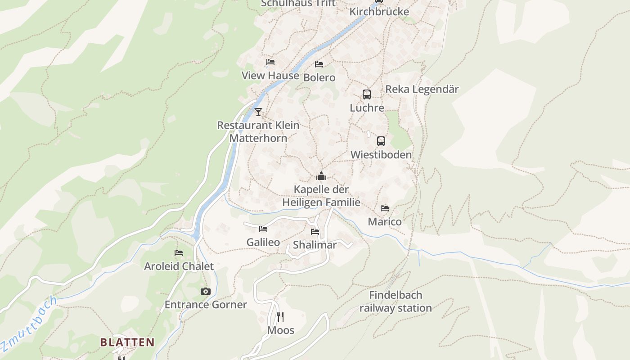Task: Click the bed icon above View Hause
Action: pyautogui.click(x=270, y=62)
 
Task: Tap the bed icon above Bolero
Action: pyautogui.click(x=319, y=64)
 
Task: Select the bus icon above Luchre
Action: pyautogui.click(x=367, y=94)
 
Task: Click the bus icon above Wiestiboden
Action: pyautogui.click(x=381, y=141)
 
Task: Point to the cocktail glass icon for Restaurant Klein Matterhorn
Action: pyautogui.click(x=258, y=112)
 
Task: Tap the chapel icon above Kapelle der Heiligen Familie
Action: pyautogui.click(x=321, y=176)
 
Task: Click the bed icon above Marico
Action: pyautogui.click(x=385, y=208)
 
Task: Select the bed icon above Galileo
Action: pyautogui.click(x=263, y=229)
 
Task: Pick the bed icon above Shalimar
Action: pyautogui.click(x=315, y=232)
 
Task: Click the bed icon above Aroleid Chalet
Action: pyautogui.click(x=179, y=253)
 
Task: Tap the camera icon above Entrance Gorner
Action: pyautogui.click(x=206, y=292)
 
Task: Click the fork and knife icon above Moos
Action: pyautogui.click(x=280, y=317)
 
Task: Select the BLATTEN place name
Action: pyautogui.click(x=127, y=342)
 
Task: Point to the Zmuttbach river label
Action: pyautogui.click(x=29, y=323)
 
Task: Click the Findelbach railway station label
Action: pyautogui.click(x=396, y=301)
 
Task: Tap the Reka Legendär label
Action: pyautogui.click(x=422, y=89)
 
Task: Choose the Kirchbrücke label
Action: pyautogui.click(x=379, y=12)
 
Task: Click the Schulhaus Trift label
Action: pyautogui.click(x=298, y=4)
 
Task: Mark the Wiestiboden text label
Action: pyautogui.click(x=381, y=155)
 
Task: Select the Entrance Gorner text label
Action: pyautogui.click(x=206, y=305)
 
